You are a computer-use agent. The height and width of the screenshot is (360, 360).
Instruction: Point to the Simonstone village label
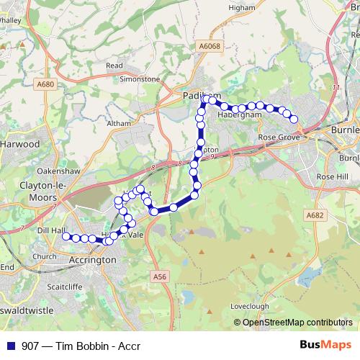(x=139, y=79)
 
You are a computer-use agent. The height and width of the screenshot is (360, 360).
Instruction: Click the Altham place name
(x=119, y=124)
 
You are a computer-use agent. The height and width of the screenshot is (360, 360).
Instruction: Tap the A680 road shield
(x=45, y=84)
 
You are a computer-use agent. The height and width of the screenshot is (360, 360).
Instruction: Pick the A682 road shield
(x=314, y=215)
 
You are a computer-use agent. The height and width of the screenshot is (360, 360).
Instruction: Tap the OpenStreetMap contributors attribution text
(x=297, y=323)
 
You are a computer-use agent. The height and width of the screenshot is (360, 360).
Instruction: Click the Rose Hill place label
(x=332, y=176)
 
